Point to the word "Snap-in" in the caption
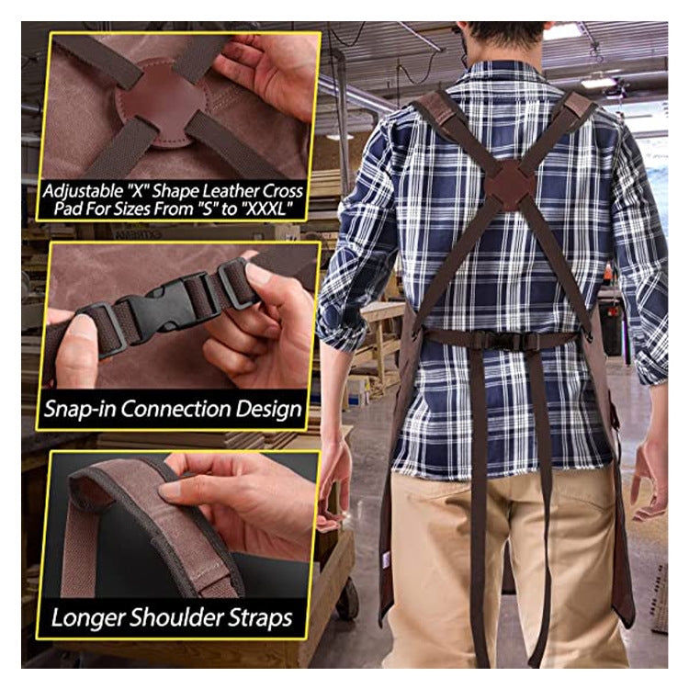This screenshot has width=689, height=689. pyautogui.click(x=80, y=410)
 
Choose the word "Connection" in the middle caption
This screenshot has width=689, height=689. pyautogui.click(x=175, y=409)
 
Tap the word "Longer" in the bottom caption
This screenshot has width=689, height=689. pyautogui.click(x=88, y=618)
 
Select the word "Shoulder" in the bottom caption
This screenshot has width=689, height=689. pyautogui.click(x=180, y=617)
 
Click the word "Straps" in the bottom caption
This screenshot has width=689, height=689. pyautogui.click(x=264, y=618)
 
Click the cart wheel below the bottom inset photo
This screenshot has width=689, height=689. pyautogui.click(x=347, y=598)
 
